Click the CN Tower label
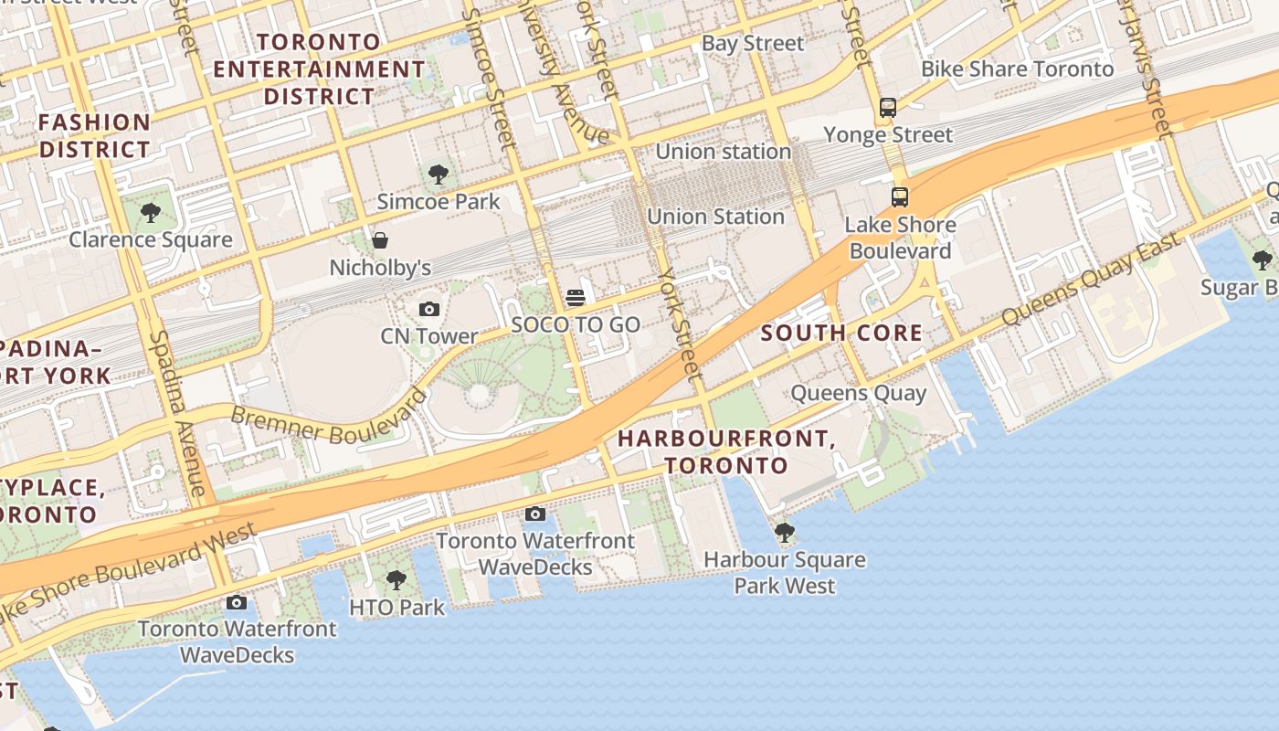coord(428,336)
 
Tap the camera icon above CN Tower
coord(428,310)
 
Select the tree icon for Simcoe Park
coord(439,174)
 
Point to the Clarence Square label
coord(151,240)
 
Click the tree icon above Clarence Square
coord(151,213)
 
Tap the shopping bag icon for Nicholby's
coord(379,240)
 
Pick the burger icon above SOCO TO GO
coord(576,297)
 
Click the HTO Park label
coord(396,607)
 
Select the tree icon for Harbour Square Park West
coord(784,532)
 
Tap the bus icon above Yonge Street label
coord(887,108)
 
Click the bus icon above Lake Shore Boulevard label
coord(900,196)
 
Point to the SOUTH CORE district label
coord(841,333)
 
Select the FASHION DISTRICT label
coord(94,135)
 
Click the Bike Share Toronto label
coord(1017,69)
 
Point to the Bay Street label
coord(753,43)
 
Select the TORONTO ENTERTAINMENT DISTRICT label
coord(319,69)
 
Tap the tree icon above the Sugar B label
coord(1263,260)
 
